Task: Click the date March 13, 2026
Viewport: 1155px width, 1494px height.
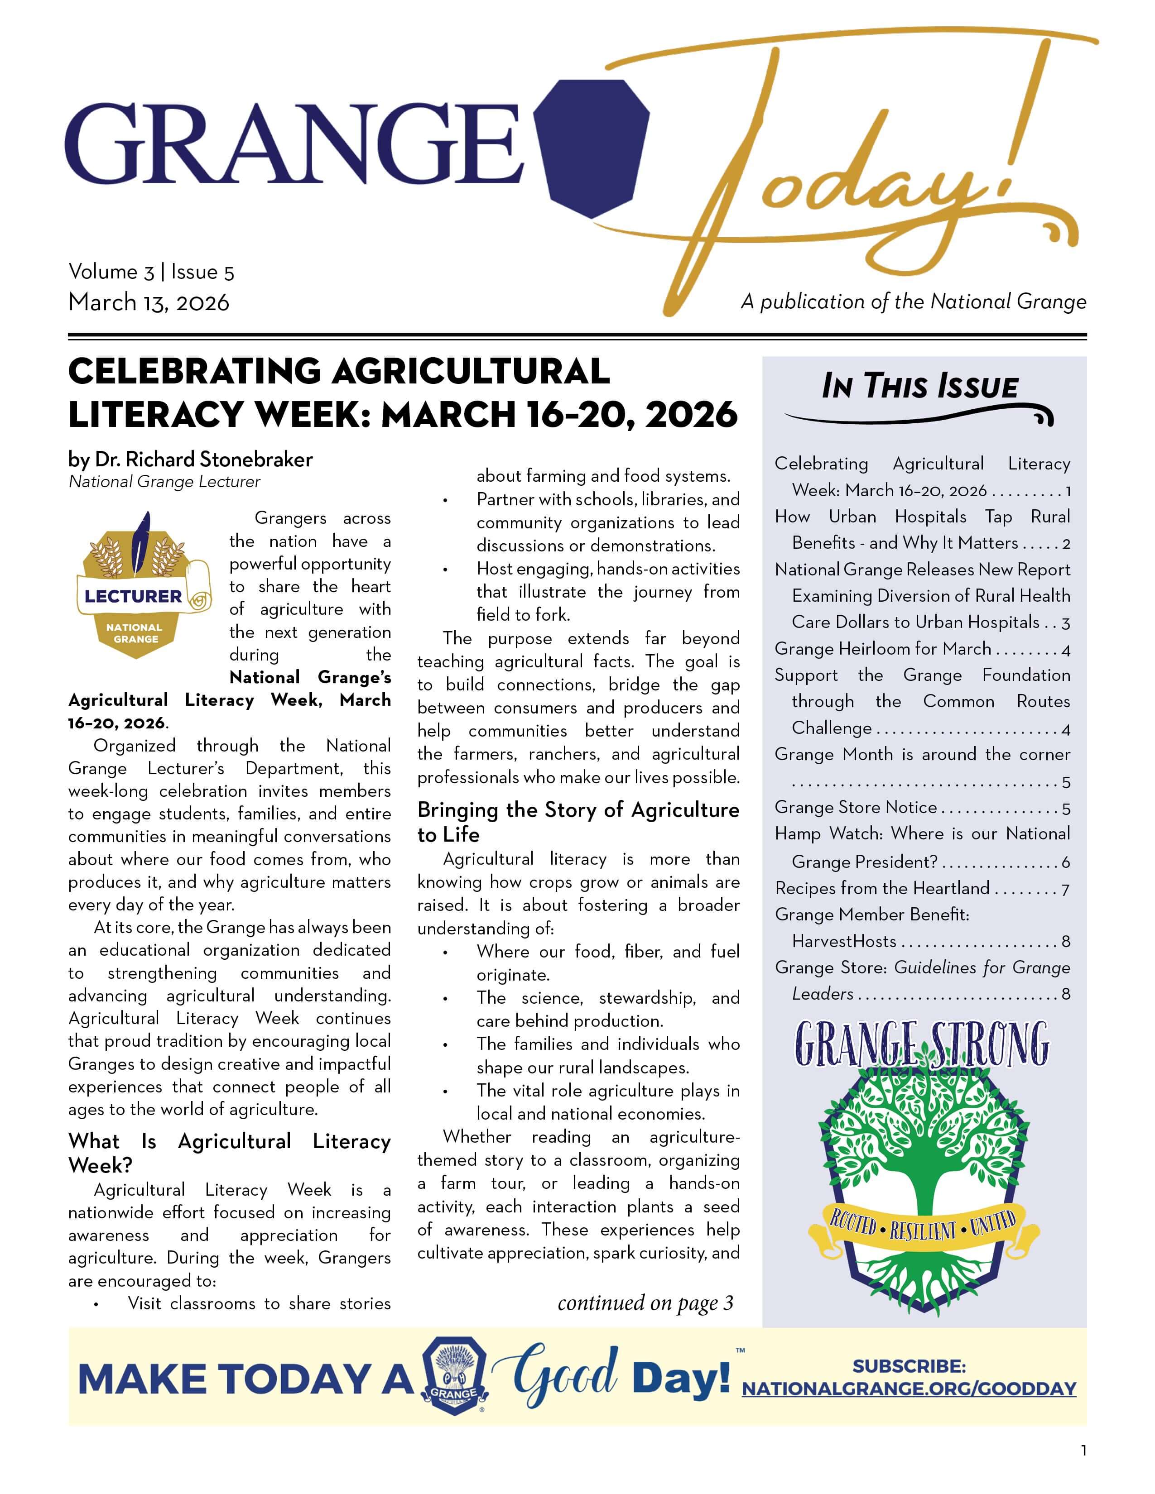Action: pyautogui.click(x=149, y=302)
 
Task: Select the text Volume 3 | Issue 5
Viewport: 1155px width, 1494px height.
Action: pyautogui.click(x=151, y=272)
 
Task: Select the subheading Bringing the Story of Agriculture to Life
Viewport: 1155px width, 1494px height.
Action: pyautogui.click(x=578, y=822)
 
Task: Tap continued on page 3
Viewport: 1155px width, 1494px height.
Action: pyautogui.click(x=645, y=1303)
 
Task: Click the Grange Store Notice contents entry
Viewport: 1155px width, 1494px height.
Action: pyautogui.click(x=855, y=807)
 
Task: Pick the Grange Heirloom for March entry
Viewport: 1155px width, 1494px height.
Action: pyautogui.click(x=883, y=648)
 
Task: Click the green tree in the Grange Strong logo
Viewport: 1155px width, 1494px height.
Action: pyautogui.click(x=920, y=1129)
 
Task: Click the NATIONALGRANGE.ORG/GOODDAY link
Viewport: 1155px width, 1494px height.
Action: pyautogui.click(x=910, y=1389)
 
